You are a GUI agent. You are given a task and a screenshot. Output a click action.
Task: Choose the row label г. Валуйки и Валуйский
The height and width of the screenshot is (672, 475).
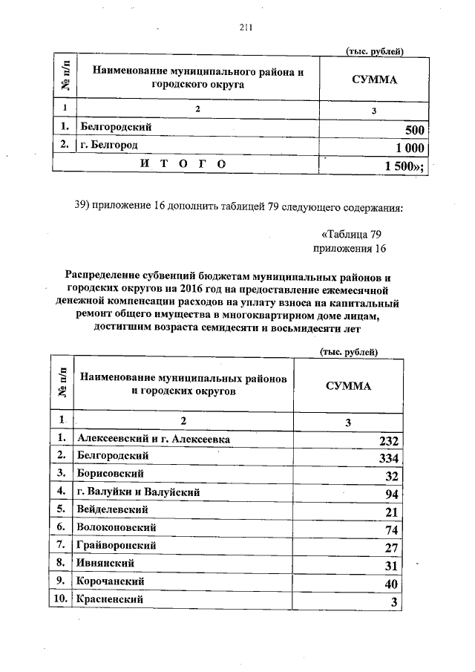[x=139, y=492]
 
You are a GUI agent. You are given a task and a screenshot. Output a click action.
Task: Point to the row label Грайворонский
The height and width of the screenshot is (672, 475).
[x=116, y=545]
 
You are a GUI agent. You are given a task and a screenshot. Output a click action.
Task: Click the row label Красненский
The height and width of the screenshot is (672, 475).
[x=109, y=598]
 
